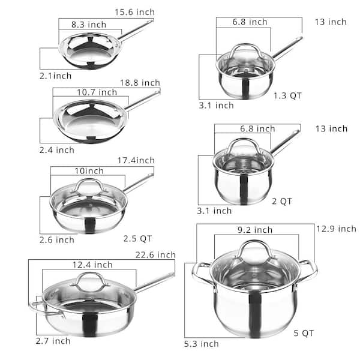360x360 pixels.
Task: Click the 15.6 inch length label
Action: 134,12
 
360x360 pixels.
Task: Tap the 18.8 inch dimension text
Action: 139,82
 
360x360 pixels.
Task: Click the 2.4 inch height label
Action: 58,149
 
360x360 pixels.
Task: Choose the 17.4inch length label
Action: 135,160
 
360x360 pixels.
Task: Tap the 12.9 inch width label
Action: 335,229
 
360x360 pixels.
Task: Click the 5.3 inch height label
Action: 201,344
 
